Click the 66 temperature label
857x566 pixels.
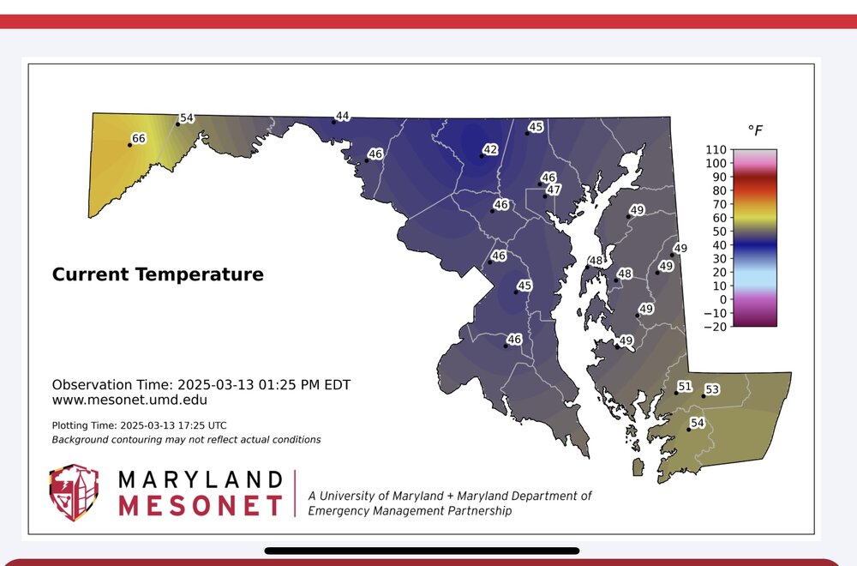point(139,138)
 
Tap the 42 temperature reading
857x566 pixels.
point(490,149)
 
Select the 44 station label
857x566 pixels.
point(342,116)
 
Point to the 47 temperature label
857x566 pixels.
point(554,190)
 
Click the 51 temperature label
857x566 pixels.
point(685,386)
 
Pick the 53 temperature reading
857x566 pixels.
point(712,388)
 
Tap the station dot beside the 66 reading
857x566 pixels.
point(129,145)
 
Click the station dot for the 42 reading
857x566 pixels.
point(482,156)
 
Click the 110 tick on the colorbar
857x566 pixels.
point(716,149)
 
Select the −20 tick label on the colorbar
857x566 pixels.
point(715,327)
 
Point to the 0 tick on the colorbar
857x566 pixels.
point(723,299)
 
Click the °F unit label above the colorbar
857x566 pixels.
point(755,130)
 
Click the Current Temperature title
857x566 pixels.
point(158,274)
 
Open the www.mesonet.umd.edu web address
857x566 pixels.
point(129,400)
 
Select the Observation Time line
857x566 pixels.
point(201,384)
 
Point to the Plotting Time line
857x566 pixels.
point(140,424)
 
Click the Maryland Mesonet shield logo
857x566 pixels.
point(74,493)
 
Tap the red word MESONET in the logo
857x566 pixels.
point(201,506)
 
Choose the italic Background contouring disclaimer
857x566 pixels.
point(186,440)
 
